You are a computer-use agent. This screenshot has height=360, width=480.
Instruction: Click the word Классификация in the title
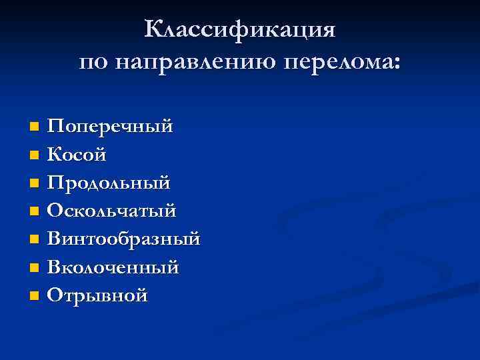click(x=240, y=30)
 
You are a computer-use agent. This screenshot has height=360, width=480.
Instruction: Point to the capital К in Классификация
click(x=154, y=30)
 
